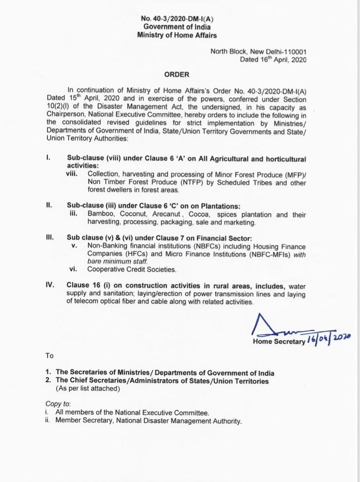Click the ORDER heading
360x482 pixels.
click(x=176, y=75)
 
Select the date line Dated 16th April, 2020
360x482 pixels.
click(x=273, y=60)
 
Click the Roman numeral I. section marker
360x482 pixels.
click(x=48, y=159)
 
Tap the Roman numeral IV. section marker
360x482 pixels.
click(x=49, y=285)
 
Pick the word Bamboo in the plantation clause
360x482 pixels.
click(x=101, y=215)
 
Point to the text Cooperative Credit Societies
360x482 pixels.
click(x=132, y=270)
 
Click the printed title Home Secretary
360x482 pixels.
click(x=279, y=342)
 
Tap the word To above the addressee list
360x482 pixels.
click(x=49, y=356)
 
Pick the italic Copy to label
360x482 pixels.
click(x=58, y=404)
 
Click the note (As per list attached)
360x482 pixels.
click(x=88, y=389)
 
